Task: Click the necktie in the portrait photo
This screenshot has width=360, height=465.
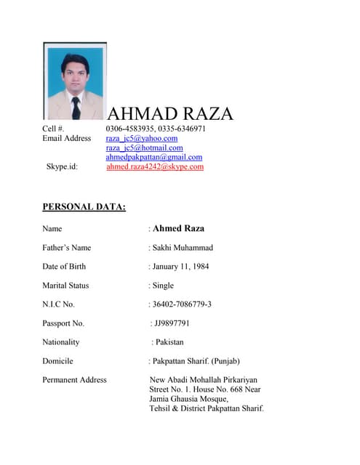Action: [76, 108]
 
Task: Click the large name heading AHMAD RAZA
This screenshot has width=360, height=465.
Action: [170, 113]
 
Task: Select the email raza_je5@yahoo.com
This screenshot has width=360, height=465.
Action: [142, 138]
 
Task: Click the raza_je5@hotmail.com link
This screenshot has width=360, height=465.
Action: [144, 147]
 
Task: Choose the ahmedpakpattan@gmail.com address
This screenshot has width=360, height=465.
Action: [153, 157]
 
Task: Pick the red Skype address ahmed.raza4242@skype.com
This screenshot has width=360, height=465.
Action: [155, 166]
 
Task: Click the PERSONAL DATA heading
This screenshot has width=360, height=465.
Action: [84, 207]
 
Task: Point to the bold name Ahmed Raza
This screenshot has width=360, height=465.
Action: [178, 228]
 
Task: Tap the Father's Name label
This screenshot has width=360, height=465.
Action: [67, 248]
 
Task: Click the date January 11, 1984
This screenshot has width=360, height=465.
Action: [180, 267]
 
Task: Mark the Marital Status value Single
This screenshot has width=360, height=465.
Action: [163, 286]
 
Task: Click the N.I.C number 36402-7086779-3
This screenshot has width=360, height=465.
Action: [182, 304]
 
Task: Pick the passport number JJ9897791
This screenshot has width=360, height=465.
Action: [172, 323]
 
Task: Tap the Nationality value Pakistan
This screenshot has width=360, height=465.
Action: [169, 342]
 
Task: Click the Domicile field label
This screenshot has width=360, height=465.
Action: [57, 361]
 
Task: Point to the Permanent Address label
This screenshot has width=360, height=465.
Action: [74, 380]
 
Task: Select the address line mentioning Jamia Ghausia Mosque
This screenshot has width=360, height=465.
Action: [188, 399]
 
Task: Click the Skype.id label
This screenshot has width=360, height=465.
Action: [62, 166]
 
